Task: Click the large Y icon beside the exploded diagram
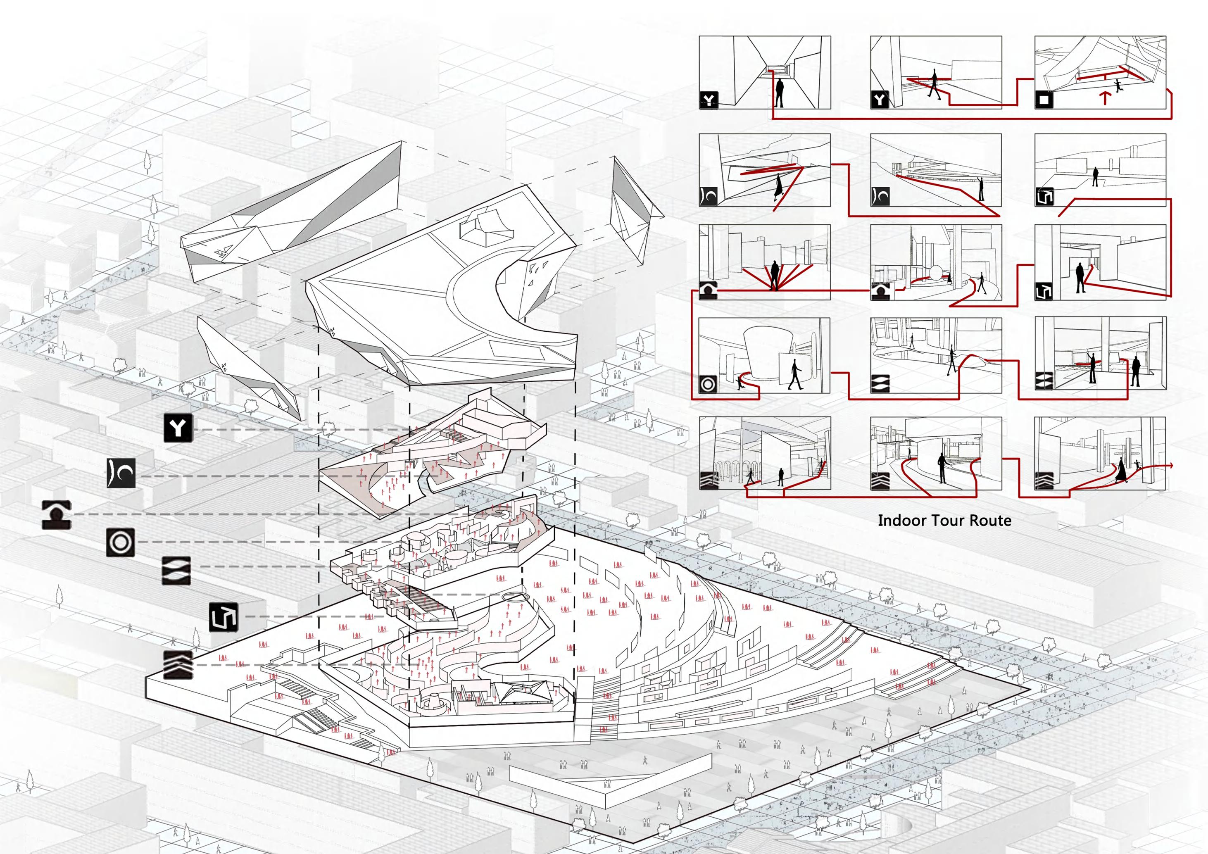[x=178, y=428]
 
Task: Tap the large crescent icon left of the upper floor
[x=121, y=473]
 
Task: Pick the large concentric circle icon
[x=121, y=542]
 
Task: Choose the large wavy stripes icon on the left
[x=176, y=571]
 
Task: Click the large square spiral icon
[x=224, y=617]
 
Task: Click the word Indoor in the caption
[x=901, y=521]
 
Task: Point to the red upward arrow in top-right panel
[x=1105, y=98]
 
